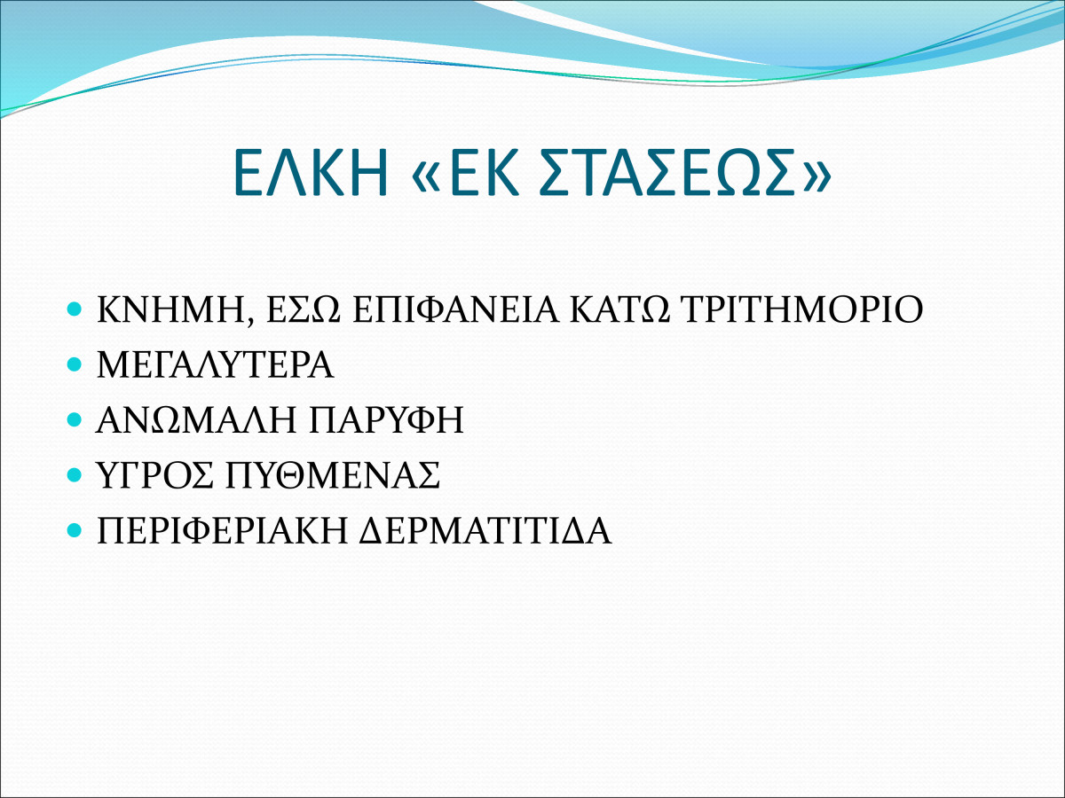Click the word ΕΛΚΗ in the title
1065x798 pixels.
(x=310, y=173)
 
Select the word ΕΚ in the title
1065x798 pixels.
(x=485, y=173)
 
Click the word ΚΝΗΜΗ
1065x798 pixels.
(x=171, y=310)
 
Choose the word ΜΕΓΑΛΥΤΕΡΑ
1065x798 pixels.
(x=216, y=364)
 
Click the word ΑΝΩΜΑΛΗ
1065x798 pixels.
(x=196, y=420)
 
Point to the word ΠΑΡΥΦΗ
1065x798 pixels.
(x=386, y=420)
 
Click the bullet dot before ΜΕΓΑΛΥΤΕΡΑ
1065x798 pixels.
(x=75, y=364)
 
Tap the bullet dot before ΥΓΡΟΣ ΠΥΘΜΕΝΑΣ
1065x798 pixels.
(x=75, y=475)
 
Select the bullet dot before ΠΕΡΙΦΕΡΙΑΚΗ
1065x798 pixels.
(x=75, y=530)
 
